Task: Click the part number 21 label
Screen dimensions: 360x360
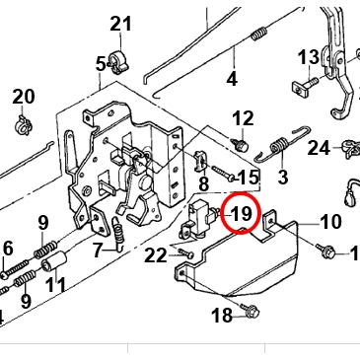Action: (x=120, y=24)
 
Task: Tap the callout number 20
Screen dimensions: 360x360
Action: (x=24, y=97)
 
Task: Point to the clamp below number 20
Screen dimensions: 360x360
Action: (x=23, y=124)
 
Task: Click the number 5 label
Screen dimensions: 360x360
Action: (x=101, y=64)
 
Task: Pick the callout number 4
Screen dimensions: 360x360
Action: (x=232, y=79)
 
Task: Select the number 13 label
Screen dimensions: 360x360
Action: (x=309, y=57)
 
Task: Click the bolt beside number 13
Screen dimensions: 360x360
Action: (x=305, y=86)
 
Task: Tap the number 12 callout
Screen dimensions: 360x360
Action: (x=244, y=118)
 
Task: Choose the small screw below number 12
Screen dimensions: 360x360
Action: (x=242, y=144)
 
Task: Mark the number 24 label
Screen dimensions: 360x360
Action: (x=319, y=148)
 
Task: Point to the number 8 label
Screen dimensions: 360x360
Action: (x=204, y=183)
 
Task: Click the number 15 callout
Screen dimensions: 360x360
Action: (x=248, y=178)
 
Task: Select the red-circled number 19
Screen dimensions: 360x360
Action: (x=242, y=214)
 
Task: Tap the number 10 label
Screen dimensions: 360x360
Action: (x=330, y=222)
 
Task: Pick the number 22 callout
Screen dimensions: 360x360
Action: (x=156, y=255)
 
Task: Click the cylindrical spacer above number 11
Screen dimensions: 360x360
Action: (x=54, y=261)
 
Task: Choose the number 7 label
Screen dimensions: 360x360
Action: (x=98, y=251)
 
